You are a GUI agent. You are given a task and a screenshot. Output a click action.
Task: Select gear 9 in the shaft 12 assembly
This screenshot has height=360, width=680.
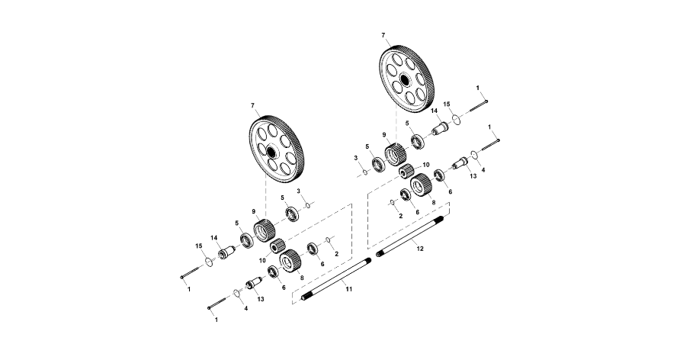point(394,155)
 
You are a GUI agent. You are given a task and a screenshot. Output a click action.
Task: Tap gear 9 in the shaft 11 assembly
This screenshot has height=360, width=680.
point(264,228)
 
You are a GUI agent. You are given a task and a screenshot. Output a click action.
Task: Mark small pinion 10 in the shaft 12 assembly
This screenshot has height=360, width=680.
point(408,171)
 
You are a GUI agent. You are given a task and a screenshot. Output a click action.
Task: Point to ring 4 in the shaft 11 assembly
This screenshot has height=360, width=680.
point(237,294)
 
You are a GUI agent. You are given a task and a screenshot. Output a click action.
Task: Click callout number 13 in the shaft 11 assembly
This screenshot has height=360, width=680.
point(260,300)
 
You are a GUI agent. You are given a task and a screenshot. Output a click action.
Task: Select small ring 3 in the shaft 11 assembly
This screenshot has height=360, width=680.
point(307,204)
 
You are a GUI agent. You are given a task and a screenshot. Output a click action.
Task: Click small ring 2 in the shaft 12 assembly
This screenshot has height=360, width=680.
point(391,202)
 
